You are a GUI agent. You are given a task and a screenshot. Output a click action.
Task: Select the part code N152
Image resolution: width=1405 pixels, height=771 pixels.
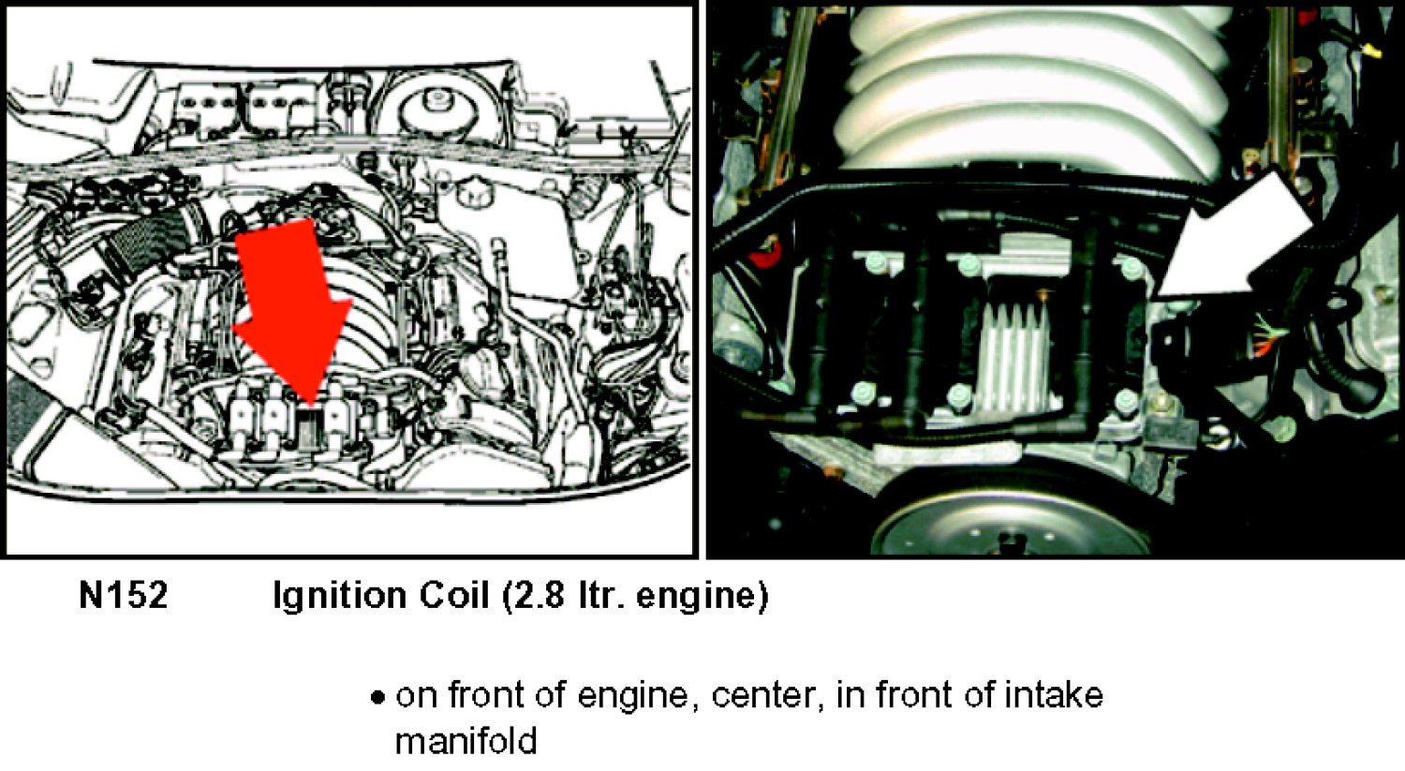tap(124, 595)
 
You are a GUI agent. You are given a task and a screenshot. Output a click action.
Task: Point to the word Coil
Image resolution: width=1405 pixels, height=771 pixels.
tap(454, 595)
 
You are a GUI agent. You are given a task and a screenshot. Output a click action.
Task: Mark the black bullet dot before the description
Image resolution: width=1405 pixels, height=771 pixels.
tap(377, 698)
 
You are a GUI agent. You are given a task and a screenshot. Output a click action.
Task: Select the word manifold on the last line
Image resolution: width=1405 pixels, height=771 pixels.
tap(466, 740)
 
